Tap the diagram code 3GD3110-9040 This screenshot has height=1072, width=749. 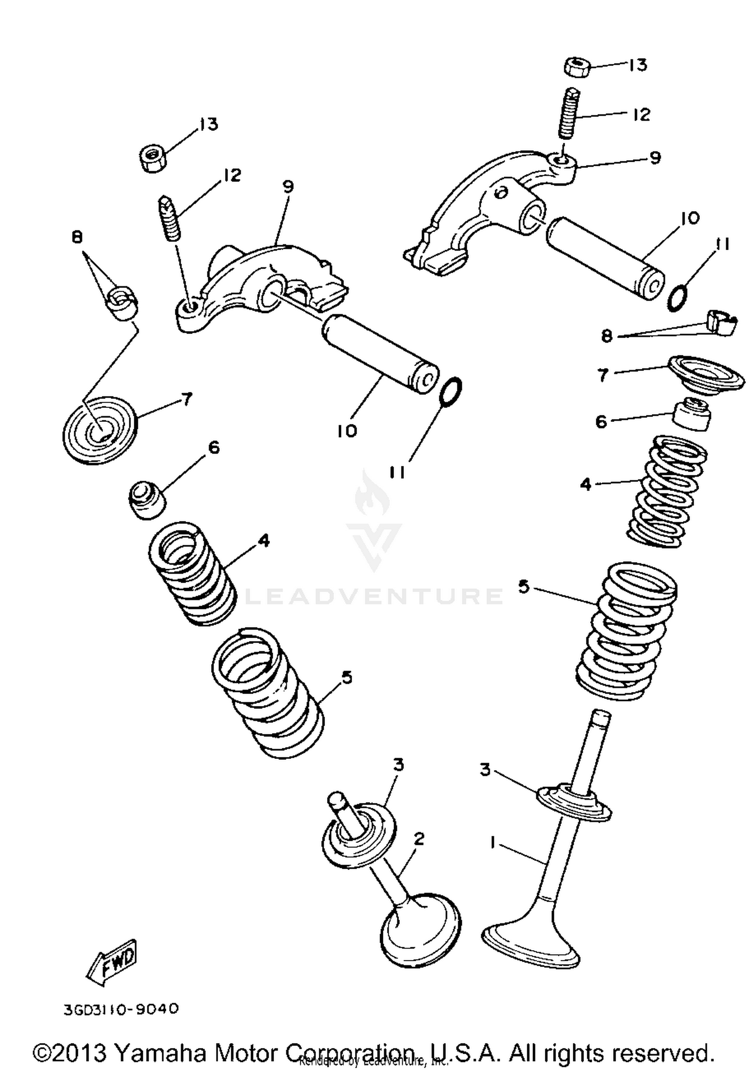point(121,1009)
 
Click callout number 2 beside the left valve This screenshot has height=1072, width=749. point(419,838)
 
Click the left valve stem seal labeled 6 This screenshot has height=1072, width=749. point(147,499)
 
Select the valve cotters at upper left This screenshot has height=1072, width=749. point(121,302)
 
